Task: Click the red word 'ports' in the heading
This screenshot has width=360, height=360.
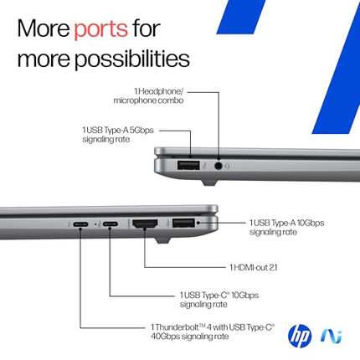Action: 100,29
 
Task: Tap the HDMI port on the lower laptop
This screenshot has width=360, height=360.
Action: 145,224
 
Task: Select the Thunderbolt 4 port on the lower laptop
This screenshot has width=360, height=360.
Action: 81,225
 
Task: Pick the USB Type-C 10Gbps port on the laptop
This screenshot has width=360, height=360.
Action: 111,225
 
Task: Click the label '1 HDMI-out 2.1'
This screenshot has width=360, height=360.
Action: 260,267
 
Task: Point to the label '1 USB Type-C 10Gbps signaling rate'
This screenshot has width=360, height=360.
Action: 219,300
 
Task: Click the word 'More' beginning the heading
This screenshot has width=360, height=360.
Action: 41,29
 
